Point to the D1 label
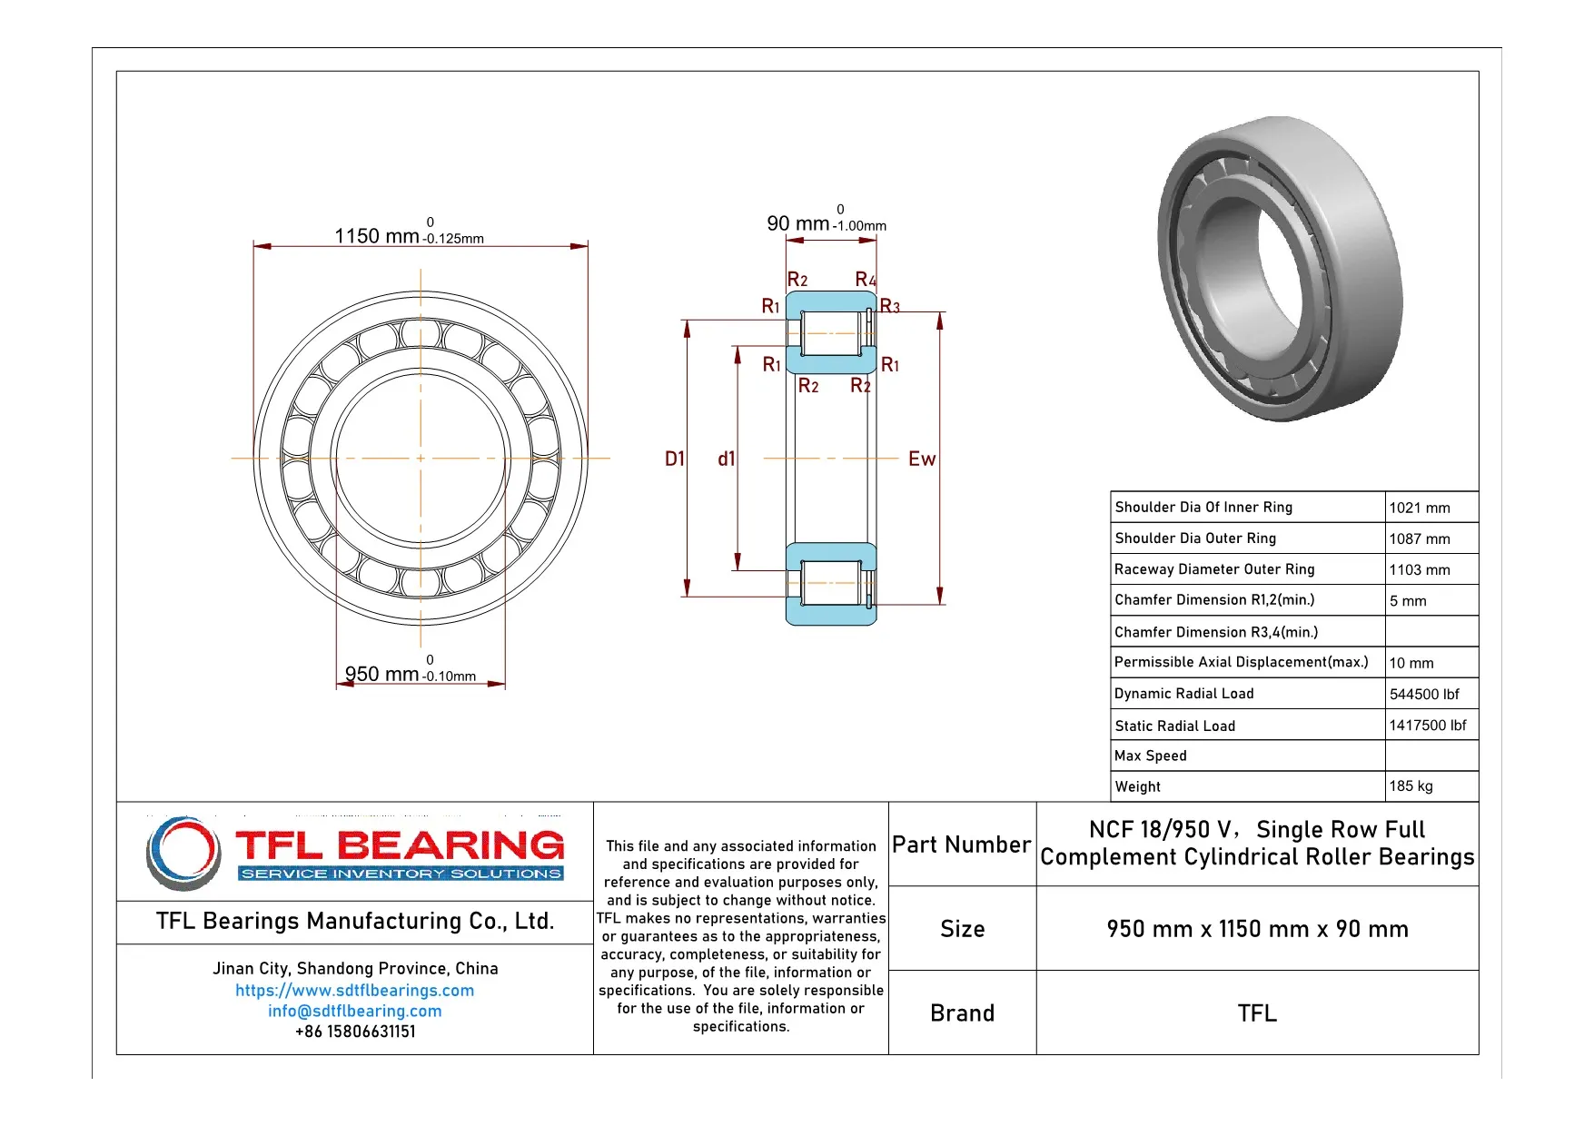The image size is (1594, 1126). click(674, 459)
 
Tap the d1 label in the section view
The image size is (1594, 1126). click(726, 459)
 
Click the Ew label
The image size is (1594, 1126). click(921, 459)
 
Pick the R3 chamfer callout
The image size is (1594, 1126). click(890, 307)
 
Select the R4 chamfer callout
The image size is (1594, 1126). click(866, 280)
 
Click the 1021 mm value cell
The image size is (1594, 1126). click(1420, 508)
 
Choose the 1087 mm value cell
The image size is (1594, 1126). click(1420, 538)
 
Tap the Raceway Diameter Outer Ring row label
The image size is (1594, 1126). click(1214, 569)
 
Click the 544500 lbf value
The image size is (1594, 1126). click(1424, 694)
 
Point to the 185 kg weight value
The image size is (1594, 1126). click(1411, 786)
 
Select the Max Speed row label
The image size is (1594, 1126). click(1151, 756)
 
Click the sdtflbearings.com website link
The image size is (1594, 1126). click(354, 991)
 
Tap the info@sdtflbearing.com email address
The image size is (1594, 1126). click(354, 1011)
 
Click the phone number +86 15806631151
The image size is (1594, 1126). click(354, 1032)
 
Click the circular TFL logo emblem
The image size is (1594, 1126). click(183, 853)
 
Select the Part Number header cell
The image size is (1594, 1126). click(962, 844)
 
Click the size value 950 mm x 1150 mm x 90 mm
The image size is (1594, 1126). click(1257, 929)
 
